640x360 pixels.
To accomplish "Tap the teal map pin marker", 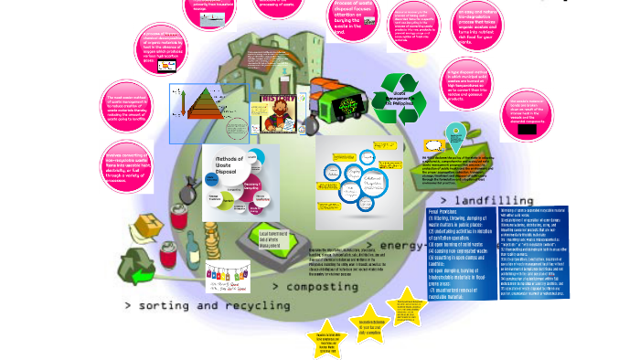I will click(454, 137).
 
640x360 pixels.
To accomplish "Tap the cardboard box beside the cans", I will click(145, 229).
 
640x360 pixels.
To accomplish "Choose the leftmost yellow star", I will click(326, 339).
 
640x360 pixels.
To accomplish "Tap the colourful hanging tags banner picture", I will click(228, 274).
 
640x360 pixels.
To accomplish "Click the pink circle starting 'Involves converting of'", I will click(128, 167).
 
